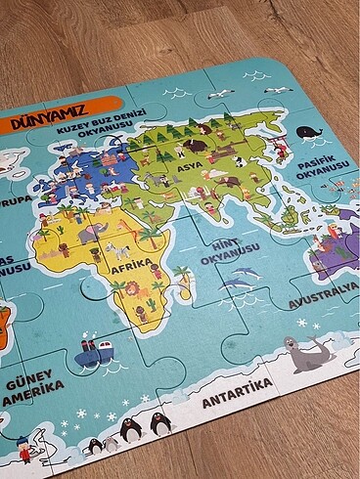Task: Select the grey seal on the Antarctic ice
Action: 307,353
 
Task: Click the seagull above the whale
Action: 280,90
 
